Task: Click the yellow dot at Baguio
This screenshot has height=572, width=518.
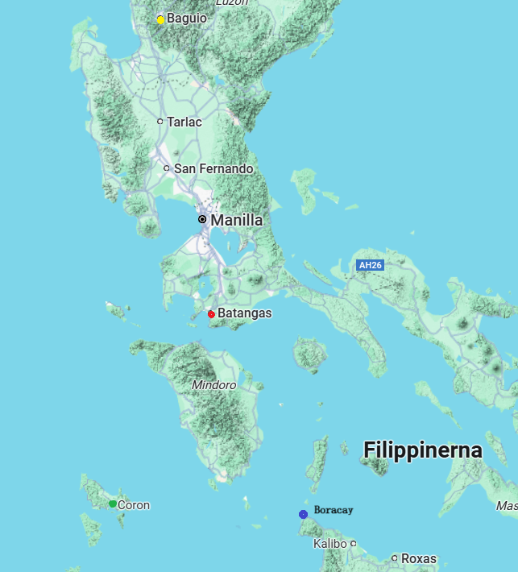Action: point(160,19)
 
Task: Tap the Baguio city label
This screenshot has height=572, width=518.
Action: point(187,18)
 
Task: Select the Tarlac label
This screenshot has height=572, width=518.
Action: point(184,122)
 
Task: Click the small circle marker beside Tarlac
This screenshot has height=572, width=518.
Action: point(160,122)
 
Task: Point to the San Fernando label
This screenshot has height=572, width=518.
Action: point(213,168)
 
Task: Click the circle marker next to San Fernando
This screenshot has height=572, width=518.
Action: point(167,168)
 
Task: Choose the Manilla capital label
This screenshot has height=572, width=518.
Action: point(236,219)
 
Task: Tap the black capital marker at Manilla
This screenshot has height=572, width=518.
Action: point(202,219)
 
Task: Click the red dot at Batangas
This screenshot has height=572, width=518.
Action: point(211,313)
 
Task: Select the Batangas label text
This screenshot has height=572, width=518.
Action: point(244,313)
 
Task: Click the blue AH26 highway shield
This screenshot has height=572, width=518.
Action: point(370,265)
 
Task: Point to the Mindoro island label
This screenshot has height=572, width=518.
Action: point(213,385)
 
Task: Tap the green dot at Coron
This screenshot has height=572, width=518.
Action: point(113,504)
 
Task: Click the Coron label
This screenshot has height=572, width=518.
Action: point(134,505)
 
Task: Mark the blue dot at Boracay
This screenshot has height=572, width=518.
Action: point(303,514)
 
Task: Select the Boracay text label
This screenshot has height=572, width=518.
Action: point(334,510)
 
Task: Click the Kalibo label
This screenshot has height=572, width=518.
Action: point(329,544)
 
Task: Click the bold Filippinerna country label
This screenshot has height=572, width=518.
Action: point(422,450)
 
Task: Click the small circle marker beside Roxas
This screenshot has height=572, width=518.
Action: point(395,557)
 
